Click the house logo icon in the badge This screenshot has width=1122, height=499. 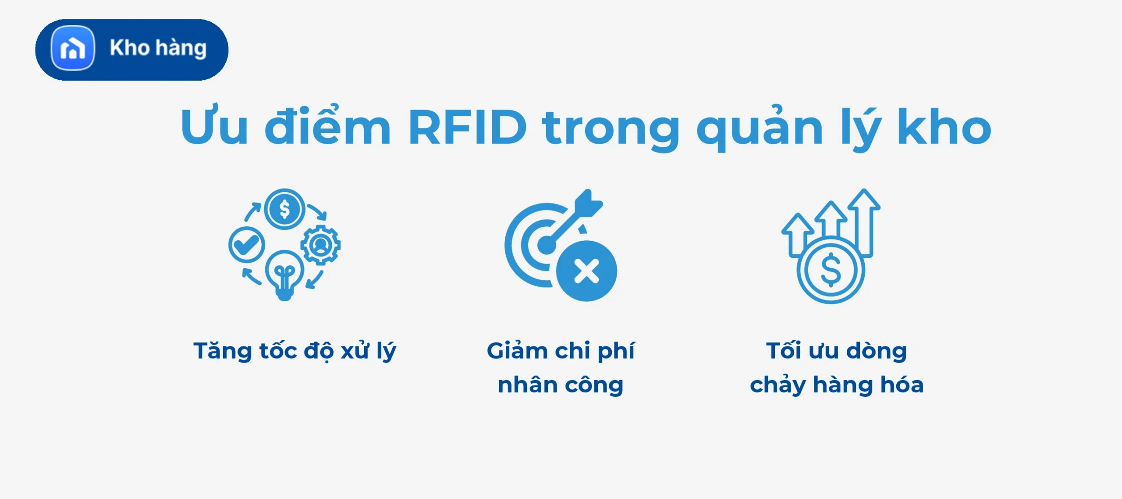73,48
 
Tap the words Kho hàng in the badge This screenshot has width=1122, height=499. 158,48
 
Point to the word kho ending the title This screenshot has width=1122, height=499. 944,128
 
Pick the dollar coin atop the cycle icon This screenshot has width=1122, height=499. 284,209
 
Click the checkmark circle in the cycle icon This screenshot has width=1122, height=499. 246,245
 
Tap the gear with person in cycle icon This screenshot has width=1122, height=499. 321,245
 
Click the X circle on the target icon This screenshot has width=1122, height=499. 586,271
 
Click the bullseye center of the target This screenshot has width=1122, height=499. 546,244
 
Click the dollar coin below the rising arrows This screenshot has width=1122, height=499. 831,270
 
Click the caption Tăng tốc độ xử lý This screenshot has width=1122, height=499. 295,351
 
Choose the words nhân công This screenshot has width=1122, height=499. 561,385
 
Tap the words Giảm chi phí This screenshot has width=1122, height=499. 561,351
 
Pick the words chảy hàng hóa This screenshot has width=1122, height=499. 837,385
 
